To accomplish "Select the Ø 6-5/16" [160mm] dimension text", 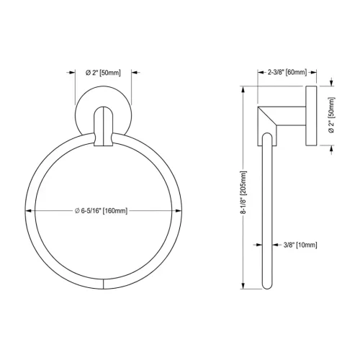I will click(102, 210).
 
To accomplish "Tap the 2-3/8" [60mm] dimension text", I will click(287, 72).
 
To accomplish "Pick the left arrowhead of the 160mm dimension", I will click(30, 210).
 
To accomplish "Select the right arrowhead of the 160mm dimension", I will click(178, 210).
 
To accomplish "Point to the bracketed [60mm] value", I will click(295, 72).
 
